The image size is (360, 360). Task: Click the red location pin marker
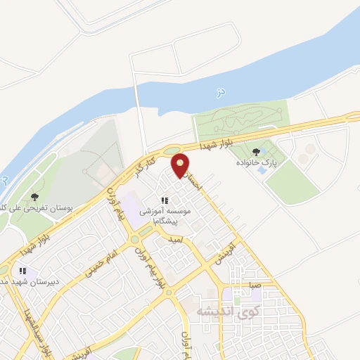tap(181, 166)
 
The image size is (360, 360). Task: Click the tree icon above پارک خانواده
tap(255, 151)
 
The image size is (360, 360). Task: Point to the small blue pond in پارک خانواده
tap(262, 169)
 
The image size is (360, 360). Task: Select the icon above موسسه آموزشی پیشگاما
tap(165, 200)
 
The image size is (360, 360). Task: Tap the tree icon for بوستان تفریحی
tap(35, 197)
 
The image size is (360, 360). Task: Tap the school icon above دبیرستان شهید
tap(23, 271)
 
